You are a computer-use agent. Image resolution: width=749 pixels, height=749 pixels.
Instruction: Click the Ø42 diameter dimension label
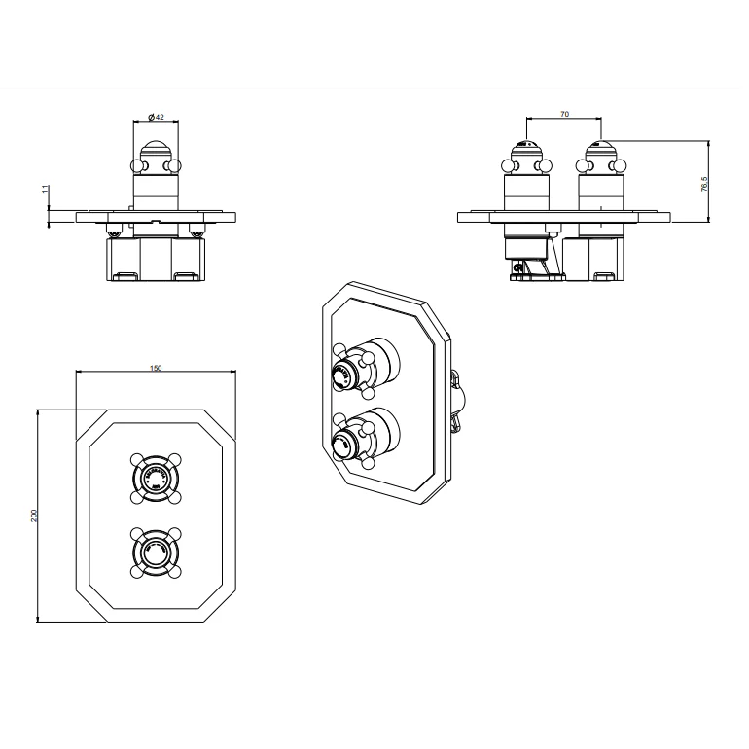[x=156, y=117]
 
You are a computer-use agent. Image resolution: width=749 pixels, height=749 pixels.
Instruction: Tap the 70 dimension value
[x=564, y=115]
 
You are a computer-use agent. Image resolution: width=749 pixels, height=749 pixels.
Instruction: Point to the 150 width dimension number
[x=156, y=368]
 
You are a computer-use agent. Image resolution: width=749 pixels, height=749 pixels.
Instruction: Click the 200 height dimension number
[x=34, y=516]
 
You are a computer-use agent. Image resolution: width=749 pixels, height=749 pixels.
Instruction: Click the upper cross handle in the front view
[x=156, y=477]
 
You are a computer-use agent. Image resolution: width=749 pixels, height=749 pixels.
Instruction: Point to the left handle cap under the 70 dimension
[x=525, y=151]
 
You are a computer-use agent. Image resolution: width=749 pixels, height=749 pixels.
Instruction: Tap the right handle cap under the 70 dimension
[x=601, y=151]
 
